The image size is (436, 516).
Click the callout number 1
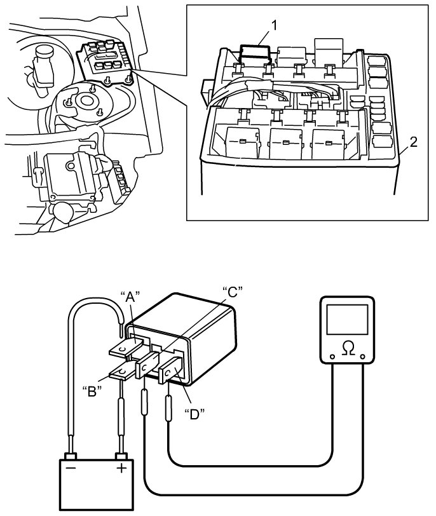click(274, 25)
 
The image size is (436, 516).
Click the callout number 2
click(413, 142)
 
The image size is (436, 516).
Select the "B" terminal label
click(92, 391)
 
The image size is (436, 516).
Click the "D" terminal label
click(194, 414)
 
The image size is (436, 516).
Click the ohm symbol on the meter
click(348, 348)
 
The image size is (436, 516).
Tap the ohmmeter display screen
click(347, 320)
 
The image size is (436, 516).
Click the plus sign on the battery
click(121, 468)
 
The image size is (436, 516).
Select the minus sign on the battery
click(71, 468)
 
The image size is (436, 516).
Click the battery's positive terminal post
click(121, 456)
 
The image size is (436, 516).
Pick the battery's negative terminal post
click(71, 456)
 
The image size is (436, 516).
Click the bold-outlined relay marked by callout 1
click(255, 53)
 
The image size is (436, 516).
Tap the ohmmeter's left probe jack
click(332, 356)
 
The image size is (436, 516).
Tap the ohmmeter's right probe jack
click(363, 356)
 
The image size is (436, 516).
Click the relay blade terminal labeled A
click(126, 348)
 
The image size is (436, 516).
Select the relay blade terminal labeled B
click(122, 373)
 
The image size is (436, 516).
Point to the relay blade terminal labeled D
click(170, 370)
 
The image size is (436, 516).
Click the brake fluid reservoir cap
click(44, 50)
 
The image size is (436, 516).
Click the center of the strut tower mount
click(87, 100)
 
